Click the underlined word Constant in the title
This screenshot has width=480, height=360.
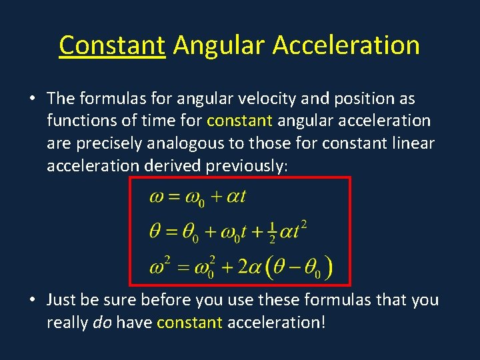pyautogui.click(x=111, y=46)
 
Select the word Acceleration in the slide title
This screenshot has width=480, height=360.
pyautogui.click(x=346, y=46)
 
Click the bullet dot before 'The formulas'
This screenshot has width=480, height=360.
pyautogui.click(x=32, y=99)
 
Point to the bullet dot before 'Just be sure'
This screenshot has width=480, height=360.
pyautogui.click(x=32, y=301)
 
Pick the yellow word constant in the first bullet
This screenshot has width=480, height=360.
pyautogui.click(x=239, y=121)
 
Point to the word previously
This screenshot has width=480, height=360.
pyautogui.click(x=245, y=166)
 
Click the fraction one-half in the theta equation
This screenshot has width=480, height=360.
pyautogui.click(x=271, y=231)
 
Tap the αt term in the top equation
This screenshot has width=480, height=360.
pyautogui.click(x=237, y=197)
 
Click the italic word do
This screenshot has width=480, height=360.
pyautogui.click(x=101, y=323)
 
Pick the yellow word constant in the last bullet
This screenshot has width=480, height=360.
pyautogui.click(x=189, y=323)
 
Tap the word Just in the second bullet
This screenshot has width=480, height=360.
pyautogui.click(x=61, y=301)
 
